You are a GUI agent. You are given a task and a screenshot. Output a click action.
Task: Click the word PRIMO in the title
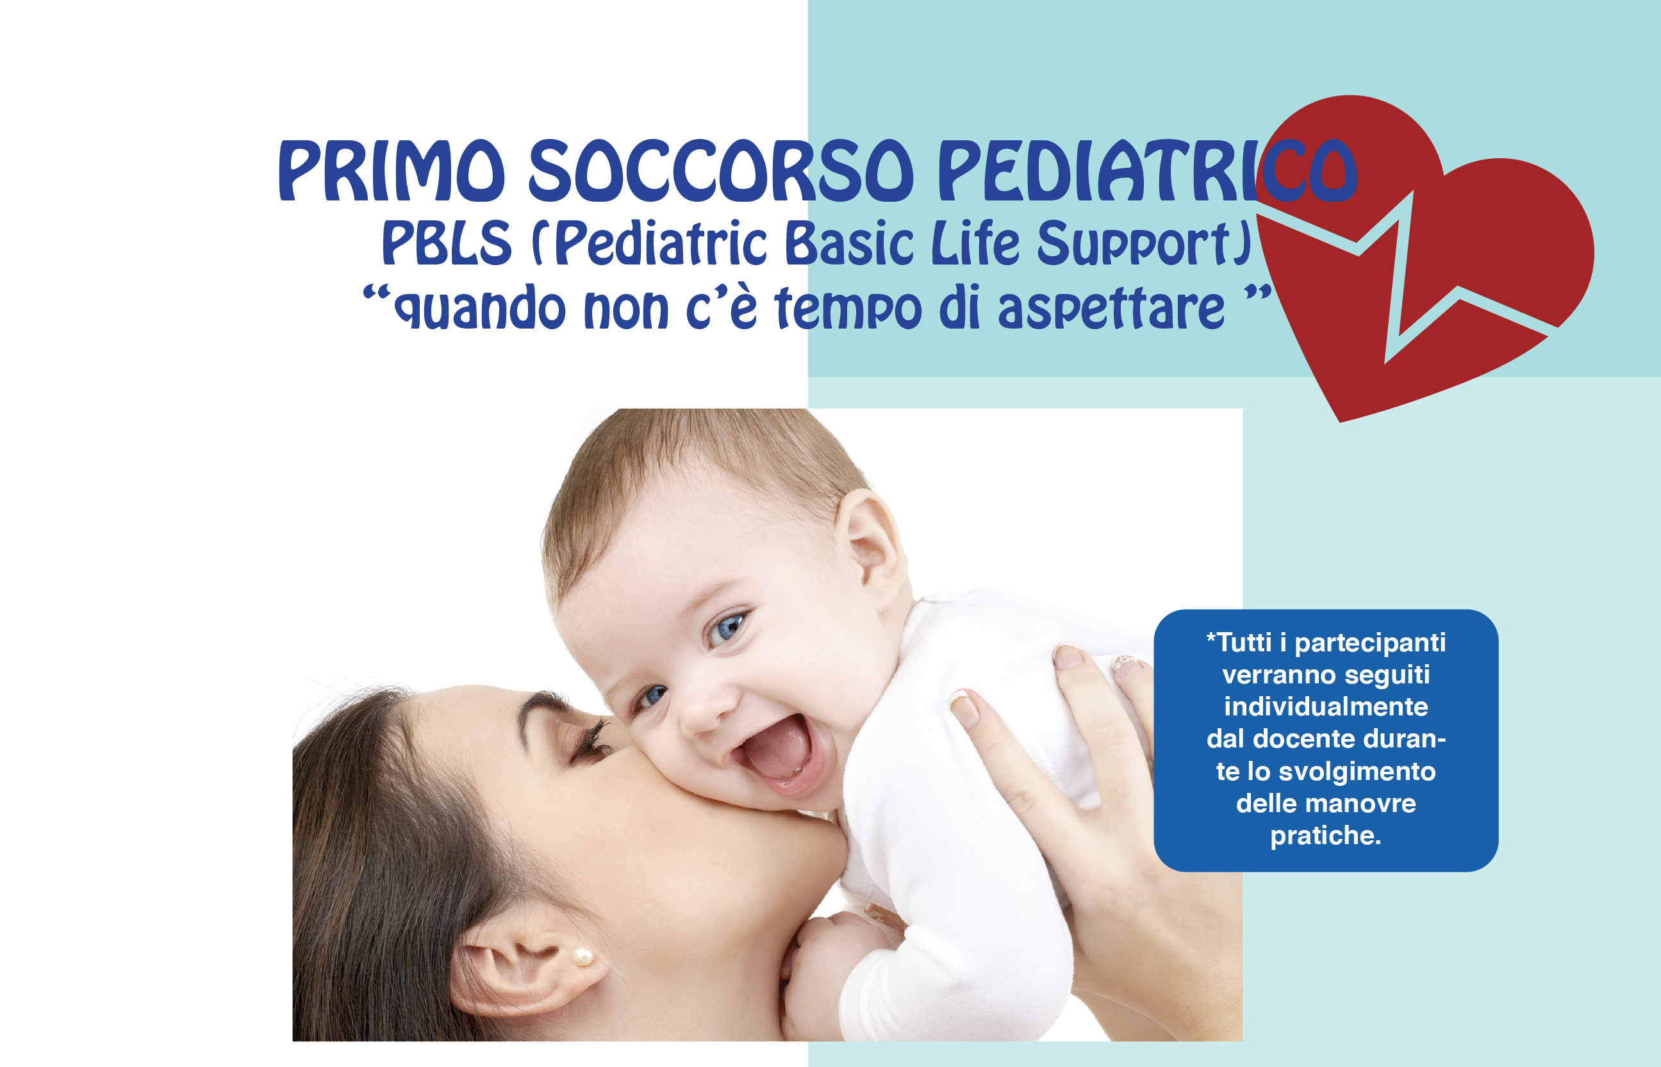[392, 170]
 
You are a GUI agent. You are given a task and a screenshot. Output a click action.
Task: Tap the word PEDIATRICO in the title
[1147, 170]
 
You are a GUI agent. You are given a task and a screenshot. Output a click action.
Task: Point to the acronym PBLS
[447, 243]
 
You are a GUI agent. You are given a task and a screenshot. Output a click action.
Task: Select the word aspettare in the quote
[1111, 307]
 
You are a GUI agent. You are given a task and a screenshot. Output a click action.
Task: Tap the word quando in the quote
[480, 307]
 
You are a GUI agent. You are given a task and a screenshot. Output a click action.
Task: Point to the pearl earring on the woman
[583, 957]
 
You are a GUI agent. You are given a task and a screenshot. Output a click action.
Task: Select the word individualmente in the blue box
[1325, 706]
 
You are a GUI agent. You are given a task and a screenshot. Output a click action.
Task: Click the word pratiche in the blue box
[1325, 836]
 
